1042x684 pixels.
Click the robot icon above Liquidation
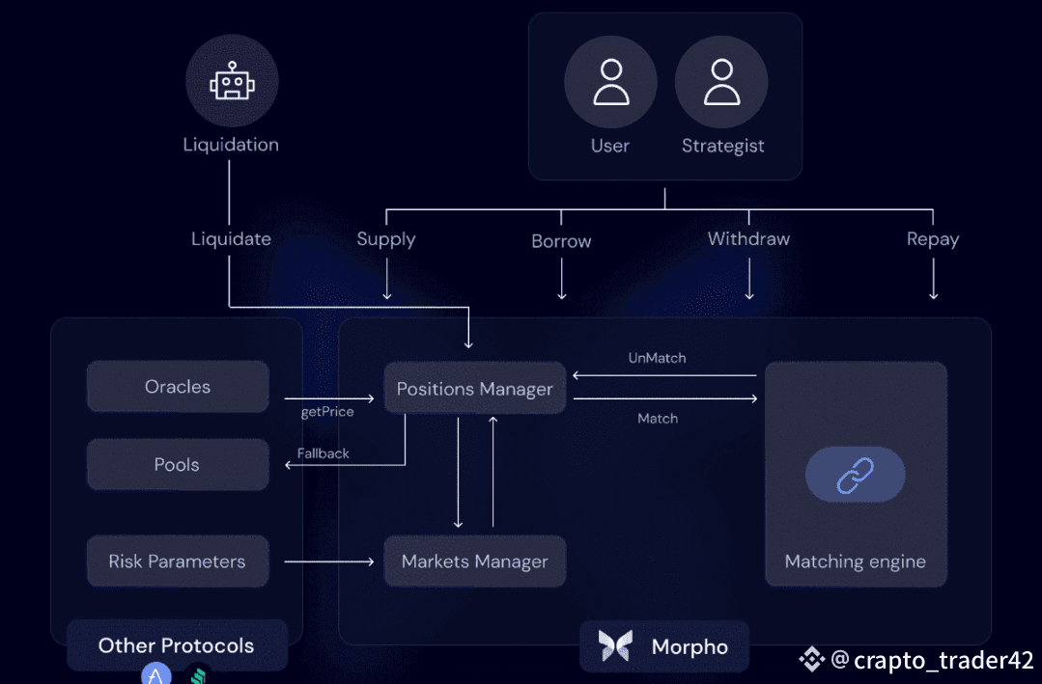click(232, 82)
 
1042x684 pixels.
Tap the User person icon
click(610, 82)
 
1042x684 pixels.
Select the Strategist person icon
click(721, 82)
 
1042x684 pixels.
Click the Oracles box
click(178, 387)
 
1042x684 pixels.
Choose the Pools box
click(178, 465)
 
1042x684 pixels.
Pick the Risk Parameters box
click(178, 561)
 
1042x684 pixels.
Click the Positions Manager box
click(475, 389)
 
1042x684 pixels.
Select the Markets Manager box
click(475, 561)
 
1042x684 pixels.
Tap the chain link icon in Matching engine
click(855, 475)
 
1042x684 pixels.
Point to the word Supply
click(386, 239)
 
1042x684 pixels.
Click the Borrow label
click(561, 241)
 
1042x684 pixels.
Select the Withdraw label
click(748, 238)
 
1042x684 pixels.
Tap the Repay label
click(933, 239)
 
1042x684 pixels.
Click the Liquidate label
click(231, 239)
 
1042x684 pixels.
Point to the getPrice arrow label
click(327, 412)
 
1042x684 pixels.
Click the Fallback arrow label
click(324, 452)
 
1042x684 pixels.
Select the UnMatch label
click(657, 358)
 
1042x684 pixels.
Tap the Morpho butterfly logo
click(614, 645)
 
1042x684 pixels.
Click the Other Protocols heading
click(176, 645)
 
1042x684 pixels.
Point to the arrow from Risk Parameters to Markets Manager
click(328, 561)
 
